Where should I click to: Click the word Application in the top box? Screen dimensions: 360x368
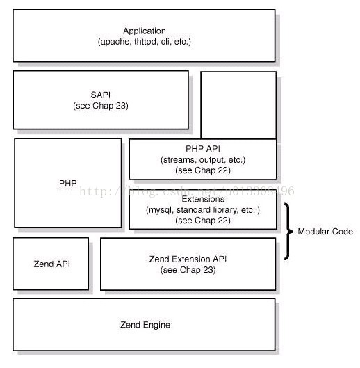point(145,31)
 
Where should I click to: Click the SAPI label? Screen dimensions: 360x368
point(100,95)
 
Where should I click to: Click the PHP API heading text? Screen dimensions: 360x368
point(203,149)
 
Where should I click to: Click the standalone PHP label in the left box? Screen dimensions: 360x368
point(68,183)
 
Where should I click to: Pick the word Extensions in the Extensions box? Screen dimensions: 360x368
point(203,199)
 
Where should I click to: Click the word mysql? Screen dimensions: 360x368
point(161,210)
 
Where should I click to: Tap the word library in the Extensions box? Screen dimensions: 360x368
point(226,210)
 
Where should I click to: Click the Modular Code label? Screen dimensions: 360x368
point(325,232)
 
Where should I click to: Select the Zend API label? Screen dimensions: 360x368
point(52,264)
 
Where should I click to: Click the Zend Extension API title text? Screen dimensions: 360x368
point(188,259)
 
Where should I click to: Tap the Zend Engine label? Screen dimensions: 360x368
point(145,325)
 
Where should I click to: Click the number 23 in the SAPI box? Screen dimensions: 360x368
point(121,106)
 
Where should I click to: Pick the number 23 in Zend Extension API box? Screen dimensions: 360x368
point(208,270)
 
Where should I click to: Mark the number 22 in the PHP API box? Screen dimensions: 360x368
point(223,170)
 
